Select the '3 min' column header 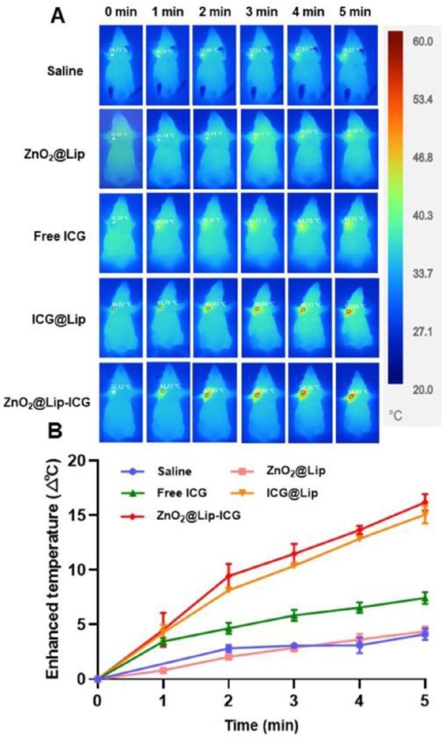point(262,11)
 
